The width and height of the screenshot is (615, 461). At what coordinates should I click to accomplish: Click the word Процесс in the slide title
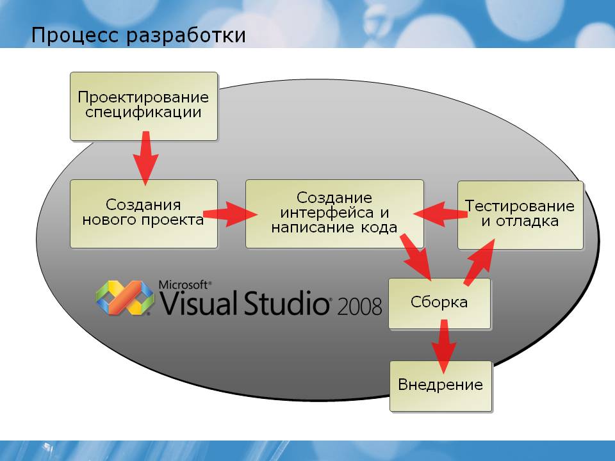(74, 35)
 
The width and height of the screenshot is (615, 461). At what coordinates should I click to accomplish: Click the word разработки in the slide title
(186, 36)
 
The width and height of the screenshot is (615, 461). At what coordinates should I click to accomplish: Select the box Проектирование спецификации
(143, 106)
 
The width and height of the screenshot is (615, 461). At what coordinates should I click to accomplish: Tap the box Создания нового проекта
(143, 214)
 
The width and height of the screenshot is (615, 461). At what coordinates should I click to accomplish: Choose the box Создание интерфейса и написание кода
(334, 214)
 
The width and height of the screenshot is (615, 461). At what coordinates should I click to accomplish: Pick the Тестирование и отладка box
(520, 215)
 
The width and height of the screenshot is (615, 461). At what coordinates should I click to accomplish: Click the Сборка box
(439, 303)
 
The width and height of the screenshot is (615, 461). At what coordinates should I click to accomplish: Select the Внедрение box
(441, 386)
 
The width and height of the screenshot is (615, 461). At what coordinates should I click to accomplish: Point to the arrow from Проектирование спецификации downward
(145, 158)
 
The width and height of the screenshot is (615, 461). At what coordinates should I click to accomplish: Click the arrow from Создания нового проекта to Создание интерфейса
(230, 214)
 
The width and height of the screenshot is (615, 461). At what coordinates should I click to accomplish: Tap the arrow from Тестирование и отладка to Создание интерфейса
(441, 214)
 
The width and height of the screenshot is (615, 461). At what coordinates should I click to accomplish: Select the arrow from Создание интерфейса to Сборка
(415, 257)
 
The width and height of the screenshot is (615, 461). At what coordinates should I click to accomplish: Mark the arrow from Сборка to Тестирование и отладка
(479, 262)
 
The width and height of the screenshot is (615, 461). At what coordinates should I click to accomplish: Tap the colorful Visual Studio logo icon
(125, 298)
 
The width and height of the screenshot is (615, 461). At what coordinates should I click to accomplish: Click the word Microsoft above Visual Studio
(183, 285)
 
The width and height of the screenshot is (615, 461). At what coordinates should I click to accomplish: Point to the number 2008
(359, 306)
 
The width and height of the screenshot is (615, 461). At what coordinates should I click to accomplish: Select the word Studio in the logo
(286, 303)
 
